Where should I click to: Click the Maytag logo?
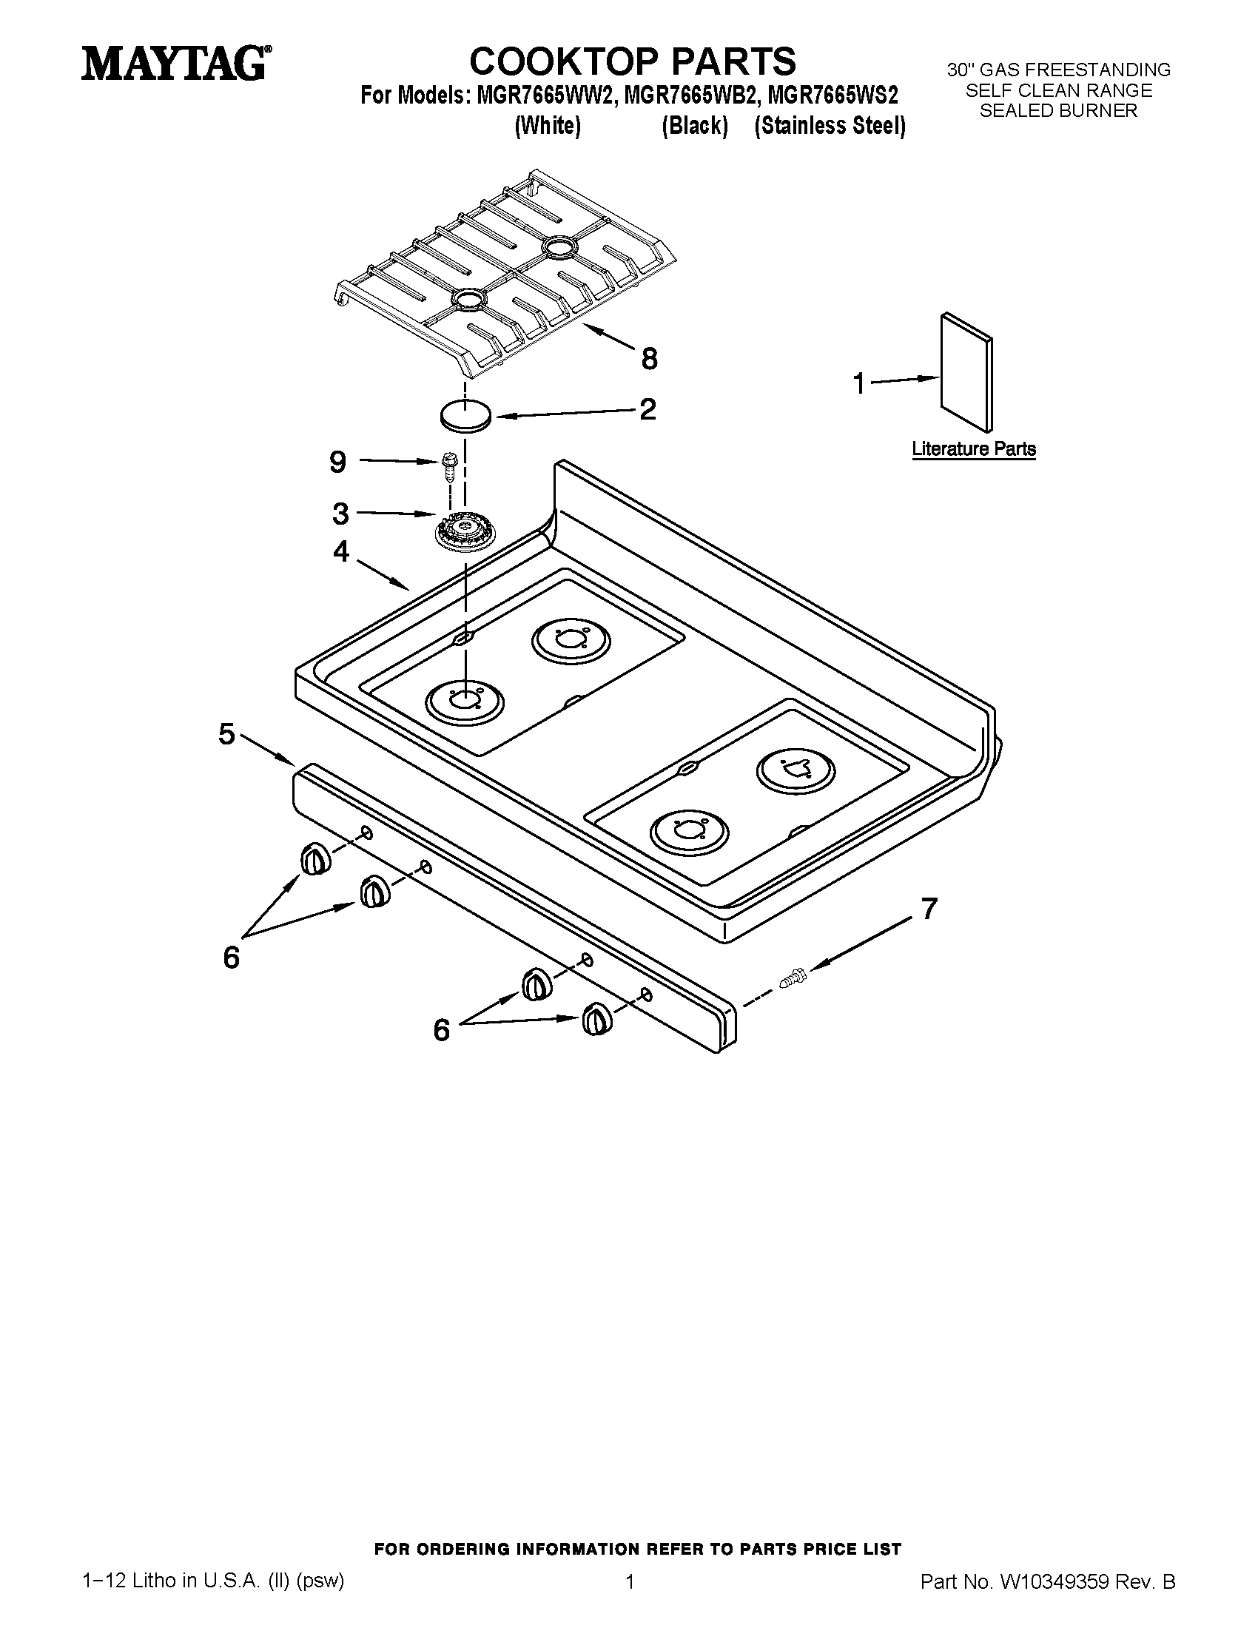coord(176,63)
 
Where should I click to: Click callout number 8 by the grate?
coord(649,359)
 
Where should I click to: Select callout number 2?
coord(647,408)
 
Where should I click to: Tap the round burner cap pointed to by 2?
coord(465,414)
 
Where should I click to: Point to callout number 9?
coord(337,462)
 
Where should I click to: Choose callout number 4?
coord(340,551)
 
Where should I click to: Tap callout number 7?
coord(929,908)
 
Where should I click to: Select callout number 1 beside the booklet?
coord(859,383)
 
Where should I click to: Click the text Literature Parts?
coord(973,448)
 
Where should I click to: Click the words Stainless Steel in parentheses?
coord(830,126)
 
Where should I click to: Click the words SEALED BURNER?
coord(1058,110)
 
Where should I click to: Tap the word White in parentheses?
coord(547,126)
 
